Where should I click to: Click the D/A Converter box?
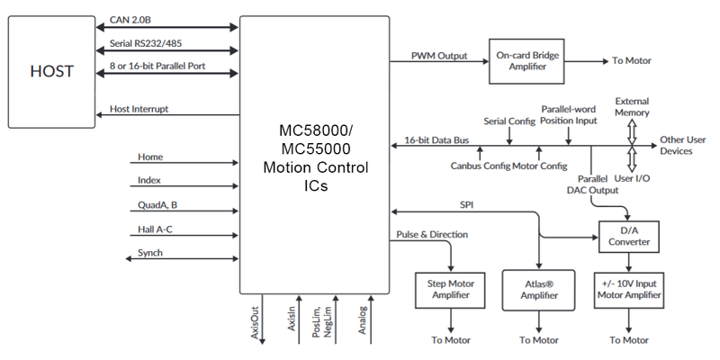[x=629, y=238]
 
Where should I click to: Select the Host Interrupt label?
[x=139, y=109]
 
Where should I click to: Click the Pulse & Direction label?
[x=431, y=234]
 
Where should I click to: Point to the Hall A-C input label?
[x=155, y=229]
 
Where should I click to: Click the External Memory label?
[x=632, y=107]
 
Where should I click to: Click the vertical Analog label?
[x=361, y=322]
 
